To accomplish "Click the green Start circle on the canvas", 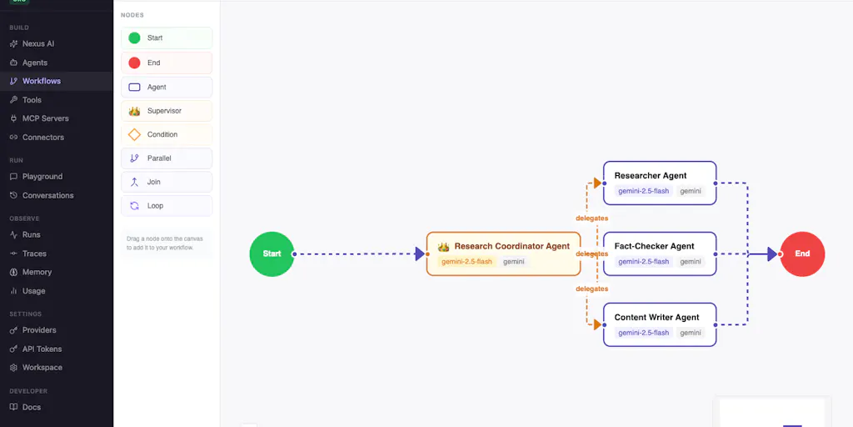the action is pyautogui.click(x=272, y=254).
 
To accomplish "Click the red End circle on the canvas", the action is pyautogui.click(x=802, y=254).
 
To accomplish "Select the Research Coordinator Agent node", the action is pyautogui.click(x=503, y=254).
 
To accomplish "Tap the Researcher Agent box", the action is pyautogui.click(x=660, y=183).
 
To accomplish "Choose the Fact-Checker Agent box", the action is pyautogui.click(x=660, y=254).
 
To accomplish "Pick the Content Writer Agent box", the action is pyautogui.click(x=660, y=324).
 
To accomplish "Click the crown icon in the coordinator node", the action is pyautogui.click(x=443, y=247).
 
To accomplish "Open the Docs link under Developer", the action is pyautogui.click(x=25, y=407).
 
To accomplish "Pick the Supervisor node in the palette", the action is pyautogui.click(x=167, y=111).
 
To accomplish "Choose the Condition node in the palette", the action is pyautogui.click(x=167, y=134).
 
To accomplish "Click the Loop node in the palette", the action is pyautogui.click(x=167, y=206).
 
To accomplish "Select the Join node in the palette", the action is pyautogui.click(x=167, y=182).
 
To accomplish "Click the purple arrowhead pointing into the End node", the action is pyautogui.click(x=772, y=254).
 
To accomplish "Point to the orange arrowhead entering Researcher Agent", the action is pyautogui.click(x=597, y=183).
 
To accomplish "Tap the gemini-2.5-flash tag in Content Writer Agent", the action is pyautogui.click(x=644, y=333).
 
